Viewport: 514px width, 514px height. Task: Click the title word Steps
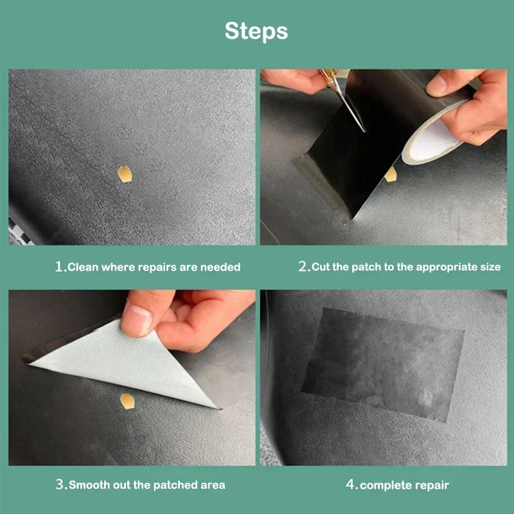tap(256, 31)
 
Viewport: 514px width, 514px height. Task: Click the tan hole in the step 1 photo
tap(124, 173)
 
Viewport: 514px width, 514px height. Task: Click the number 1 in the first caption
tap(60, 267)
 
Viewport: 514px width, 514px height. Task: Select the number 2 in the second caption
tap(304, 267)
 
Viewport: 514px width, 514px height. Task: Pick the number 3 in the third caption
tap(61, 484)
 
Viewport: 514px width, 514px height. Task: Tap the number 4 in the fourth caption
tap(351, 484)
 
